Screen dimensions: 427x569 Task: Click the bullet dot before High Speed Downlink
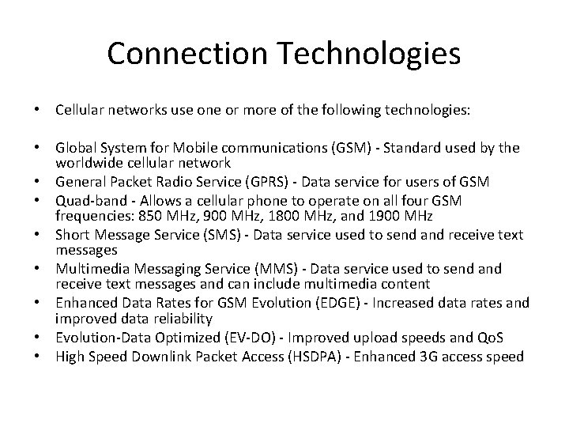point(38,357)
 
